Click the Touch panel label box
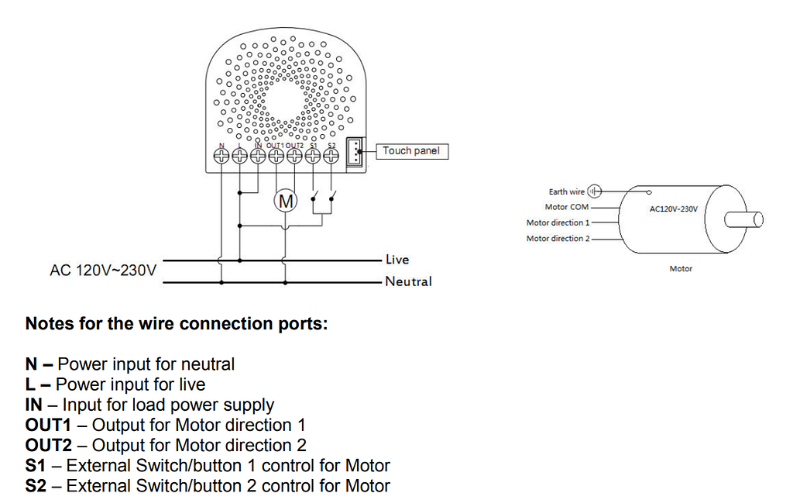(410, 151)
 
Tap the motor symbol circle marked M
(287, 202)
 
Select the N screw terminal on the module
(221, 156)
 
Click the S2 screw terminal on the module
(331, 156)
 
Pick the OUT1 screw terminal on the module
(276, 156)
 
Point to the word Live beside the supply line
(397, 260)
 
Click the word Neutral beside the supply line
(408, 281)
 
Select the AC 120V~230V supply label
(103, 271)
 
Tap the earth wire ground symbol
(595, 191)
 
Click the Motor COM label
(567, 207)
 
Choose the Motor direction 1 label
(558, 222)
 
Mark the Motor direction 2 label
(558, 239)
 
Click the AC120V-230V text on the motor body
(673, 209)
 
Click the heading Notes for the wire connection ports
(177, 324)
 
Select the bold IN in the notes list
(34, 405)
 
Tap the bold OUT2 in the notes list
(48, 446)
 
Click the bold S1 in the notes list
(35, 466)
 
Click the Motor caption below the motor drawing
(681, 269)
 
